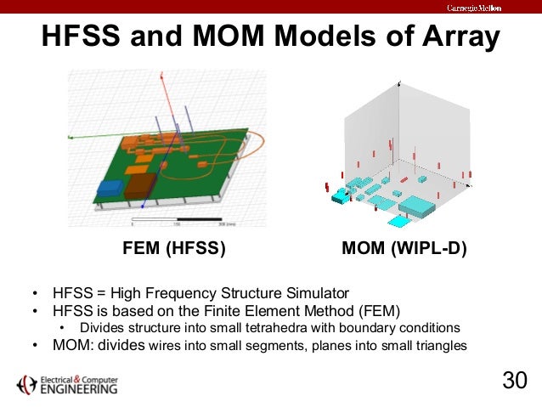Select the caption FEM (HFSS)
[x=174, y=250]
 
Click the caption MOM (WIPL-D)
[x=404, y=250]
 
